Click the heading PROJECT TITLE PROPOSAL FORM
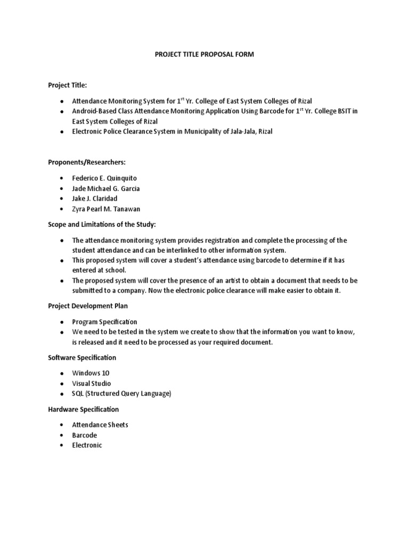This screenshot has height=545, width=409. click(204, 54)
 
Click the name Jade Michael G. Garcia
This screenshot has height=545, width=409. click(107, 188)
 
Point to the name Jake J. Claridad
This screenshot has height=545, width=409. click(95, 199)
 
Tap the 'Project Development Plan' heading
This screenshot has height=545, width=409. click(87, 305)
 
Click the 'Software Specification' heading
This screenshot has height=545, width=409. click(82, 357)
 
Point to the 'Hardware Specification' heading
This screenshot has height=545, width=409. click(83, 409)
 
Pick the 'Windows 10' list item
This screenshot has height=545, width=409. click(91, 373)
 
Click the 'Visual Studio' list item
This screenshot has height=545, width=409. click(92, 383)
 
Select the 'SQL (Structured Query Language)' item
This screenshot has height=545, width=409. click(121, 394)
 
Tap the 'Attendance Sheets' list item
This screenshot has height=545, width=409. click(100, 425)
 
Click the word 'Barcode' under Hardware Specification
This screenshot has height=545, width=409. click(85, 435)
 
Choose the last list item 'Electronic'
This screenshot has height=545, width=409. click(87, 445)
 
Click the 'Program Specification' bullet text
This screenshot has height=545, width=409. click(104, 321)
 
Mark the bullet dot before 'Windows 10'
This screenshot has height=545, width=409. click(62, 373)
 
